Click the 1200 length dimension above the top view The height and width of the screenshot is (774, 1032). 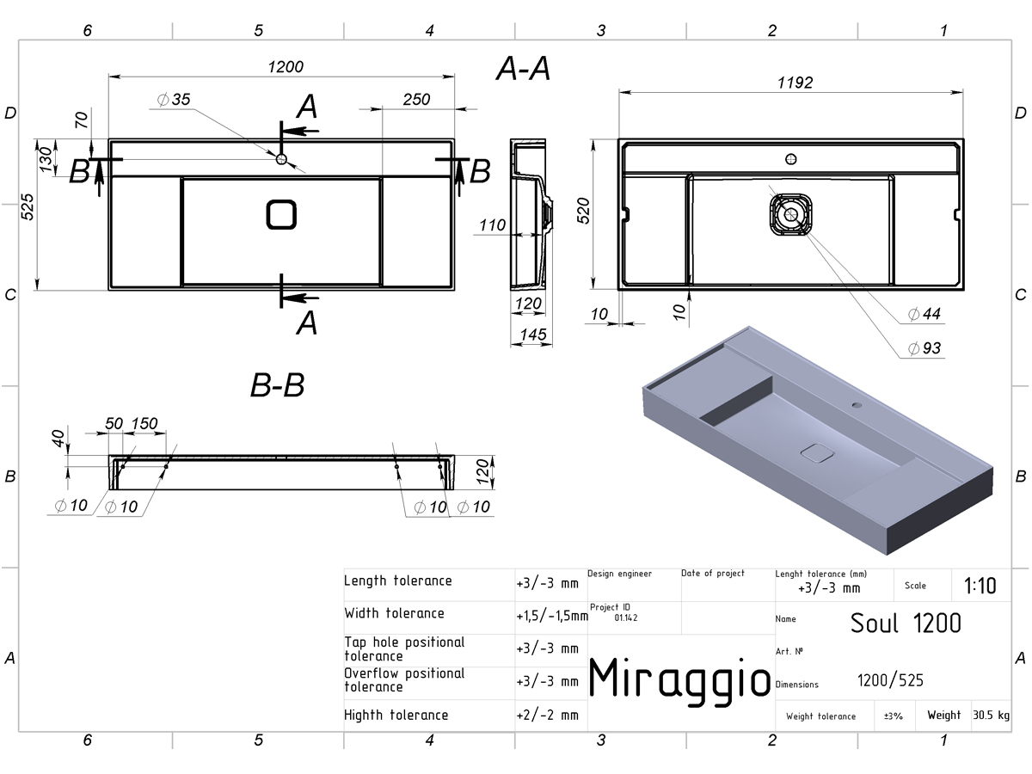click(286, 67)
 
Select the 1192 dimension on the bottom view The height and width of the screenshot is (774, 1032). click(795, 83)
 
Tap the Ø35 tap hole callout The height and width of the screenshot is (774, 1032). click(174, 99)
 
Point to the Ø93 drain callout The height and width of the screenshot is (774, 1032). click(924, 348)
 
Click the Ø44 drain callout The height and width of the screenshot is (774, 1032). click(924, 313)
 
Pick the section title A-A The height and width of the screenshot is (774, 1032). click(523, 69)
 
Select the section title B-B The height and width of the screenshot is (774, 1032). click(278, 385)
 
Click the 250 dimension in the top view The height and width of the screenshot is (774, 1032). click(416, 99)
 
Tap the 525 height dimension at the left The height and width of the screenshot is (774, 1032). click(28, 206)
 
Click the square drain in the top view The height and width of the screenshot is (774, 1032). click(281, 215)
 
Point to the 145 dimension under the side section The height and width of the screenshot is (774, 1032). click(533, 335)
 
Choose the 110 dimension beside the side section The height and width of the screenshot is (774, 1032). click(492, 225)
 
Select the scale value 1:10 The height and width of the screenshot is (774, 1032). click(980, 586)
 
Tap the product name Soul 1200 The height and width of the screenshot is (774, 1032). click(906, 623)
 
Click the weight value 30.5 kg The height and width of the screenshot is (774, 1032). click(991, 715)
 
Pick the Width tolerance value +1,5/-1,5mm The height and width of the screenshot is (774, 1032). click(552, 616)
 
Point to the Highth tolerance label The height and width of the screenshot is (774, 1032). click(396, 715)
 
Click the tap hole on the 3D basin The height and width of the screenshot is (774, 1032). click(857, 404)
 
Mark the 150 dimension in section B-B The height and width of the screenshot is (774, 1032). click(144, 423)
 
